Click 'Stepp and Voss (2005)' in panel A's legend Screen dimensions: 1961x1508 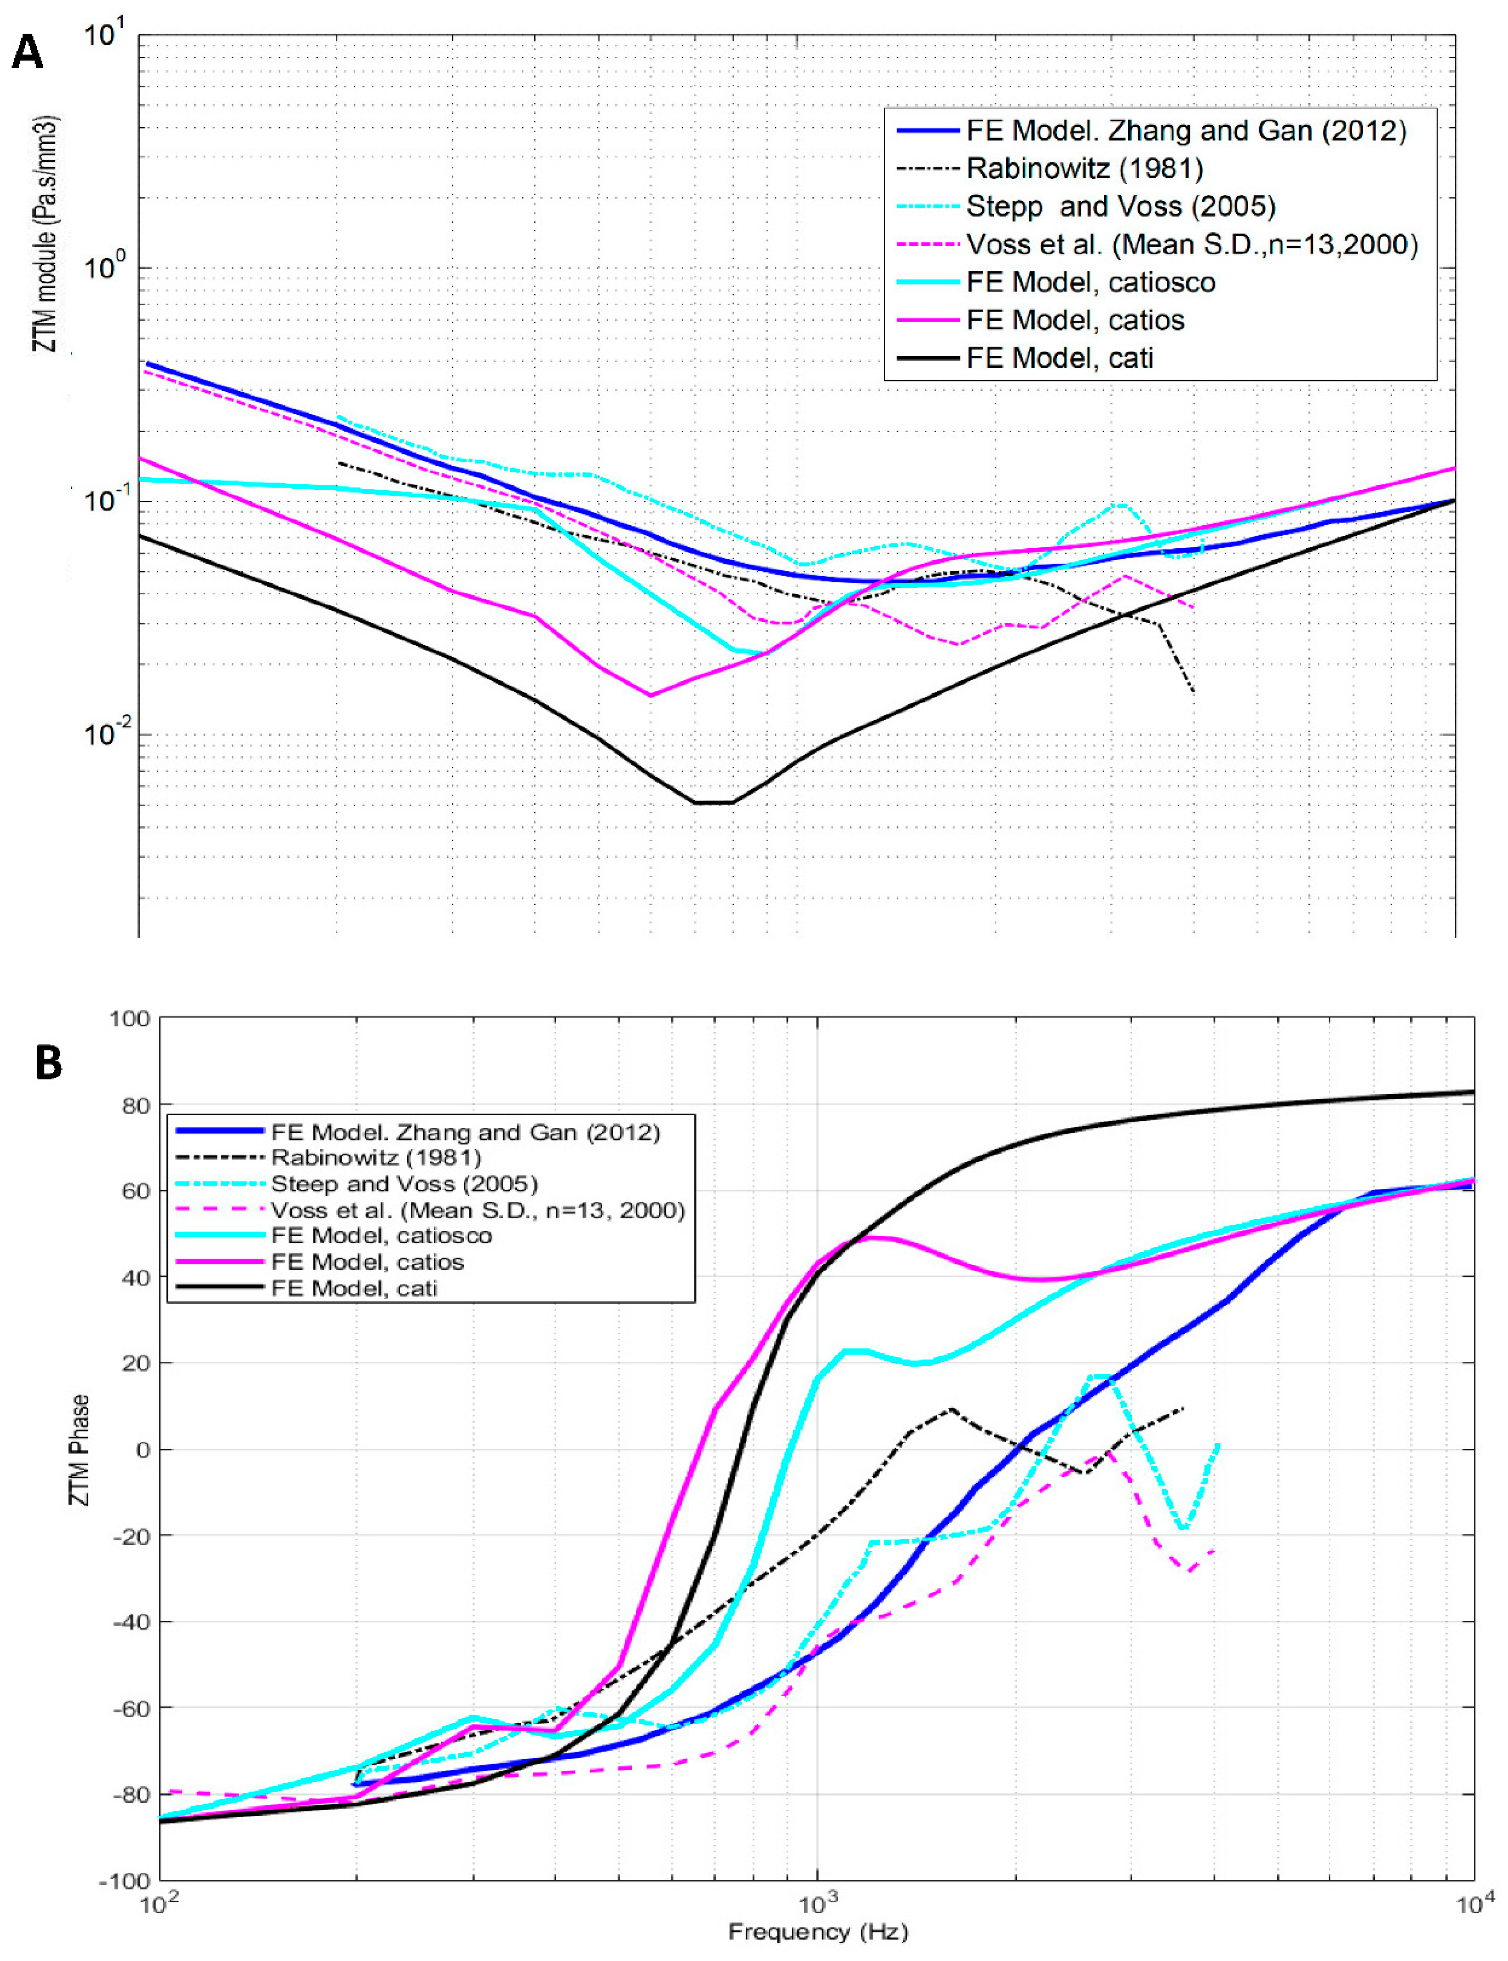pyautogui.click(x=1120, y=206)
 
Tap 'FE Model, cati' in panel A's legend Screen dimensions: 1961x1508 pyautogui.click(x=1059, y=358)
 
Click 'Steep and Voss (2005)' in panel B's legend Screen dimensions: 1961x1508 pyautogui.click(x=404, y=1184)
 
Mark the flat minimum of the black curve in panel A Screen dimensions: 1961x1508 pyautogui.click(x=714, y=802)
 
